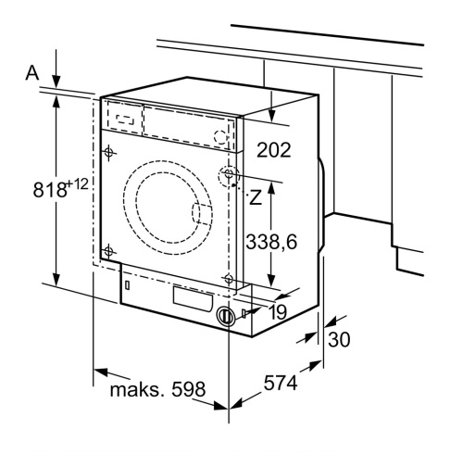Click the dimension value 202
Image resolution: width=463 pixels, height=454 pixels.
[274, 150]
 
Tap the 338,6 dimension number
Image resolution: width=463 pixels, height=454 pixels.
[271, 242]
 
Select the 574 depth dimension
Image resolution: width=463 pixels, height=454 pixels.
[281, 383]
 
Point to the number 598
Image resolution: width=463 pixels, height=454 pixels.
[188, 389]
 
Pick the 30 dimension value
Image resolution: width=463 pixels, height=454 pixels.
[339, 339]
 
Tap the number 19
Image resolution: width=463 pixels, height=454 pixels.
[279, 312]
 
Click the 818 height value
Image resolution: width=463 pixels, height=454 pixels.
[50, 189]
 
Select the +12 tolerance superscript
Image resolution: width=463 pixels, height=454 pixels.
[77, 185]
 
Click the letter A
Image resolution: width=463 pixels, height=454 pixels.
[32, 73]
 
